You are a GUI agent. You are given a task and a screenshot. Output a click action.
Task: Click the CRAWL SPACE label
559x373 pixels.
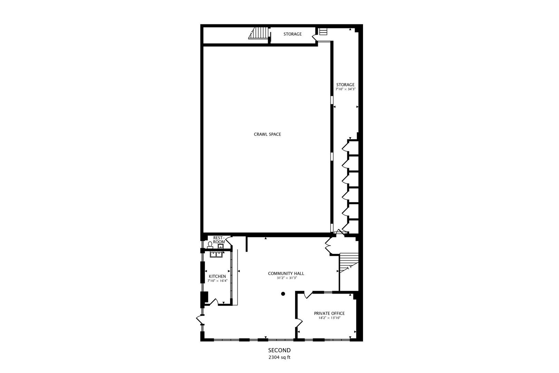[x=267, y=134]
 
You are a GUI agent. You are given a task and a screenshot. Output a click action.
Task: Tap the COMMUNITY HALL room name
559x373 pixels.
[x=286, y=274]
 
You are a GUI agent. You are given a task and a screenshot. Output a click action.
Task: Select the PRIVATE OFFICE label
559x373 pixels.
[x=329, y=314]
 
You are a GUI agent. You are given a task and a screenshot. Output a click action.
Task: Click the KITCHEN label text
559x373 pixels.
[x=217, y=276]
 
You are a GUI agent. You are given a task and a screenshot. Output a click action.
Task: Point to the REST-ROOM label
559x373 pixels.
[x=219, y=240]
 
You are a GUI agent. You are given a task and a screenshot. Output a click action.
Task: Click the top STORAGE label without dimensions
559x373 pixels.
[x=292, y=34]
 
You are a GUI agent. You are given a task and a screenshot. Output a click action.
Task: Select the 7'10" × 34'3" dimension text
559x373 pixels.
[x=345, y=89]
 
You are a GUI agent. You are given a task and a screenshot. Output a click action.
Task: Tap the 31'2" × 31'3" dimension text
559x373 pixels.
[x=286, y=278]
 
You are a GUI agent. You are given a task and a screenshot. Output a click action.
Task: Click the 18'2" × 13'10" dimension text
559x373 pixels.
[x=329, y=318]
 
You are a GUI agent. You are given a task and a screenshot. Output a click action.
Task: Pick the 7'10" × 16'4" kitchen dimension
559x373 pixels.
[x=217, y=281]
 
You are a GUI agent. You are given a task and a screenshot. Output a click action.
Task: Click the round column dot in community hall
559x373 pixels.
[x=283, y=294]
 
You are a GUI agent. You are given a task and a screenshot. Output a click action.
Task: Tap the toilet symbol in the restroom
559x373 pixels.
[x=210, y=245]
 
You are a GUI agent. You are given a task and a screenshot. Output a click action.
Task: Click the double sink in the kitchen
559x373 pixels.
[x=216, y=255]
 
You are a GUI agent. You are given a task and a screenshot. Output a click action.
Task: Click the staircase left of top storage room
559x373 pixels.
[x=259, y=34]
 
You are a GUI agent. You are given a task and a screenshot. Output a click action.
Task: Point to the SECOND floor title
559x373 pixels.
[x=279, y=350]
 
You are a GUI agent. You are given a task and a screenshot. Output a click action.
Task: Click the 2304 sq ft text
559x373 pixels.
[x=279, y=357]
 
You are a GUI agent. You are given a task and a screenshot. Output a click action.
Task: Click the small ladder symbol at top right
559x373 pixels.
[x=323, y=32]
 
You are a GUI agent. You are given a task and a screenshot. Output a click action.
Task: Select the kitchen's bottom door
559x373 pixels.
[x=214, y=302]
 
